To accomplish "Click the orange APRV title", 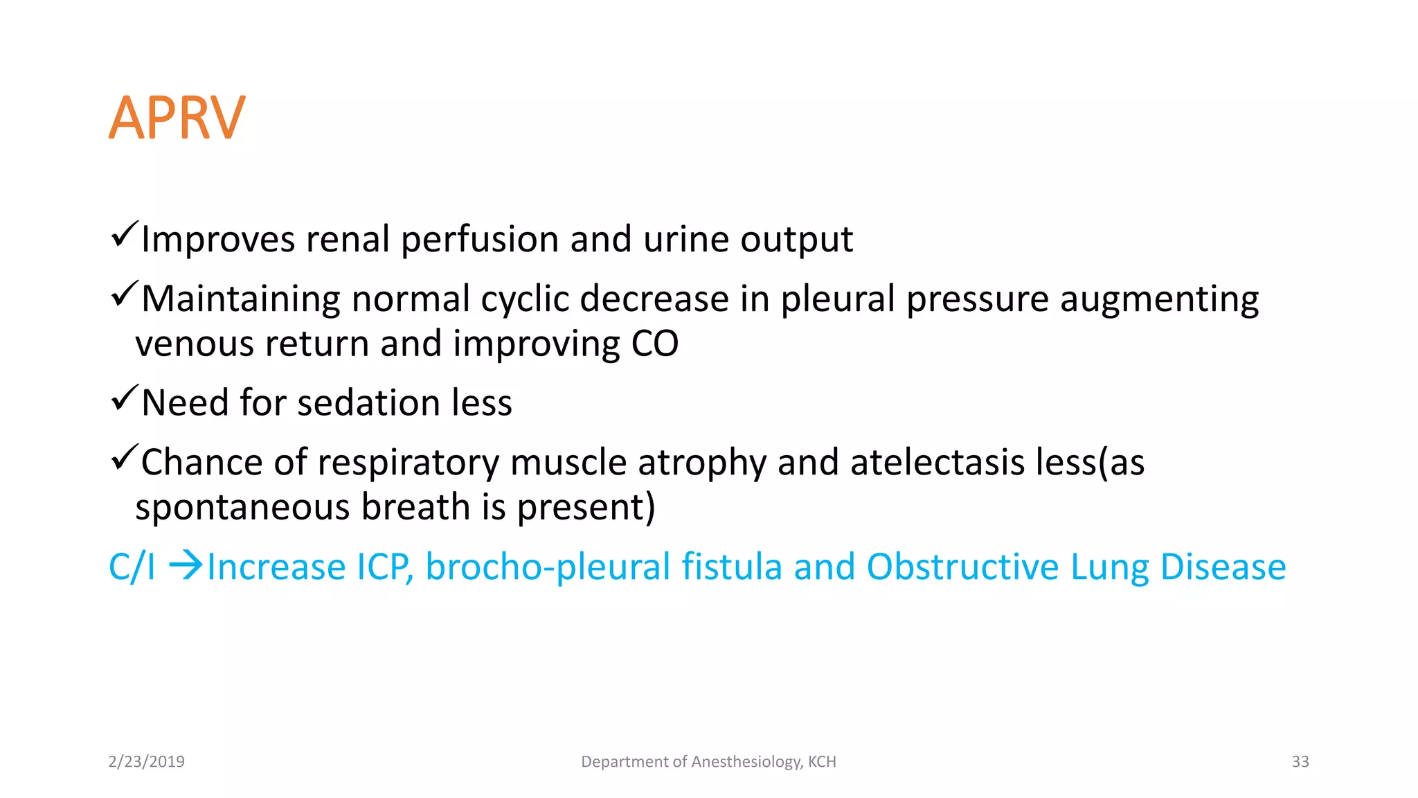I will (x=177, y=118).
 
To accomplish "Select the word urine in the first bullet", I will (x=685, y=240).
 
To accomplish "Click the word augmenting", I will (x=1159, y=299).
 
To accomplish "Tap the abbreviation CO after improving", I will (x=654, y=344).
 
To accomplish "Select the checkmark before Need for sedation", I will (x=125, y=398).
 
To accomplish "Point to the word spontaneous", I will (x=243, y=508).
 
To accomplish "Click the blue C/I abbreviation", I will (x=132, y=567).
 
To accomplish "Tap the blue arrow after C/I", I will (x=186, y=565).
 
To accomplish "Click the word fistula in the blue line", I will (x=732, y=567).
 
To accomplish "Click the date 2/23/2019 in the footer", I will (x=146, y=762).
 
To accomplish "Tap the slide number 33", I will (x=1300, y=762).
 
